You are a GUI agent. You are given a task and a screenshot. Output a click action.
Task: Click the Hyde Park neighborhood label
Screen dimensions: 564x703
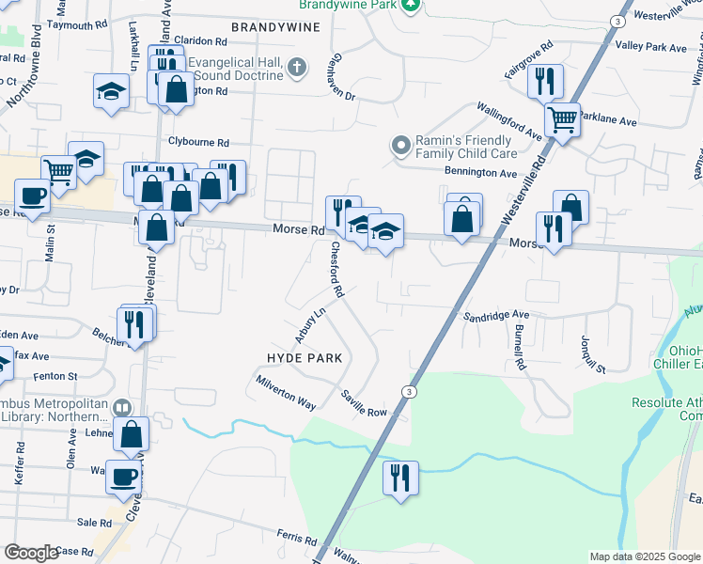(x=303, y=358)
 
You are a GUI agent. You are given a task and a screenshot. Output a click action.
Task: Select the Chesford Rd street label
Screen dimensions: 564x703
(x=336, y=271)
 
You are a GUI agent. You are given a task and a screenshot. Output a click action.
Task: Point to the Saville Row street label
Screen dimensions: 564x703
(x=364, y=405)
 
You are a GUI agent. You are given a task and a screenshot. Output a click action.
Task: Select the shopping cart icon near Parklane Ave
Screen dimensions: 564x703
(x=562, y=119)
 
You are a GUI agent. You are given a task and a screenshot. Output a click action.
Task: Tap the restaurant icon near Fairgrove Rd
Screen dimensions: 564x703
(x=544, y=82)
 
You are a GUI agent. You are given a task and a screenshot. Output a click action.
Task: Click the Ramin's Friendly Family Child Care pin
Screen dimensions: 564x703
(x=401, y=146)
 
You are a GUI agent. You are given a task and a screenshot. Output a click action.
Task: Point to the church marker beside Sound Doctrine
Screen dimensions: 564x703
(x=297, y=67)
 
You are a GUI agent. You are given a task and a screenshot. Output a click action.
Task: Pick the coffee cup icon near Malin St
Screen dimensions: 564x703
(x=33, y=196)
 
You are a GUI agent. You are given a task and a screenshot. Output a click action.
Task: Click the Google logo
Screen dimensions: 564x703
(x=31, y=553)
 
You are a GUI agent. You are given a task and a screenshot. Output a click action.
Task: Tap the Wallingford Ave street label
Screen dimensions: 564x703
(x=508, y=121)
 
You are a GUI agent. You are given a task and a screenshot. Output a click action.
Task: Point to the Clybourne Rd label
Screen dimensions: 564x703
(x=198, y=143)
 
